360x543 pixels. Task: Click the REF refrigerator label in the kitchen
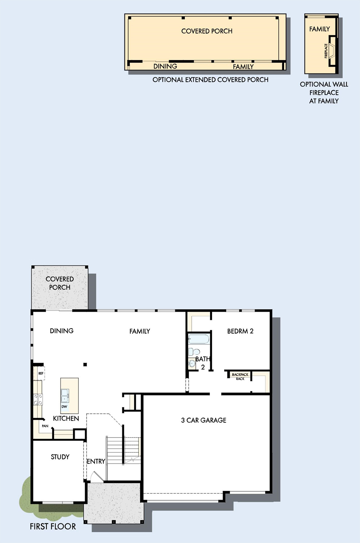41,373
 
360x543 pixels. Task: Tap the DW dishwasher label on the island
64,407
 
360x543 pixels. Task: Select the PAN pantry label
45,426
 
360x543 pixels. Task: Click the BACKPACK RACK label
240,376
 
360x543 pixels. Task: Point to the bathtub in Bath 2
199,339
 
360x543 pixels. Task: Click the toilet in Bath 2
194,352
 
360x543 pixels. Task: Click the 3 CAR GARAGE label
204,420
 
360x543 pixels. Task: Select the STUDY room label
60,457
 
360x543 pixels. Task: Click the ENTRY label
96,461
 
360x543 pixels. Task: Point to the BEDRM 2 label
240,331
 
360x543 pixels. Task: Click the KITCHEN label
66,418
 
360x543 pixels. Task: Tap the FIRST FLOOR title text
53,526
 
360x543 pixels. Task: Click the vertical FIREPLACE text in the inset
326,51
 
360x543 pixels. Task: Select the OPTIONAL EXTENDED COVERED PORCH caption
211,80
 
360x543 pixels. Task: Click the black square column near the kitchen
85,365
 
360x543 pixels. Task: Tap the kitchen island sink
65,395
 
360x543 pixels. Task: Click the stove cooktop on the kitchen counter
38,399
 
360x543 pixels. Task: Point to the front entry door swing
96,476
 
